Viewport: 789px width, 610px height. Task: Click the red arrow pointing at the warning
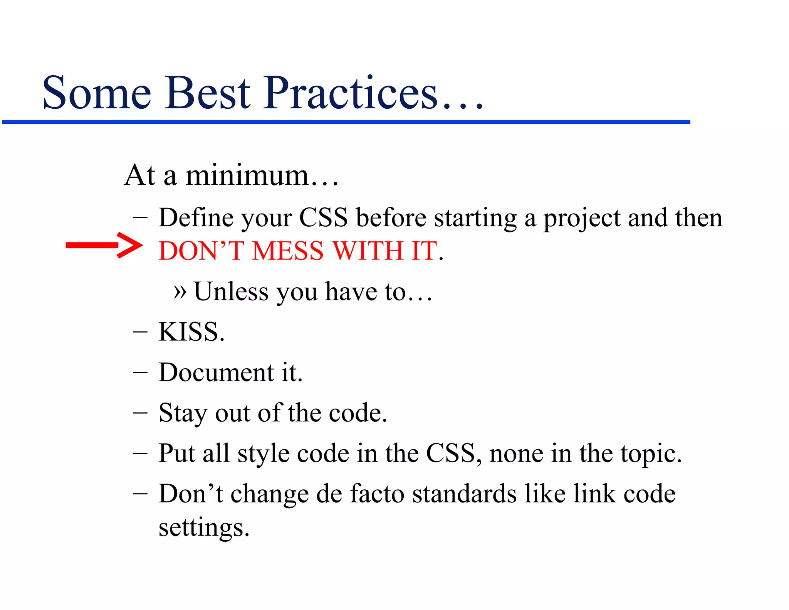click(x=104, y=245)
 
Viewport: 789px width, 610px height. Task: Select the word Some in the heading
click(x=96, y=93)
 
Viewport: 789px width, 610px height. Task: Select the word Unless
click(x=231, y=292)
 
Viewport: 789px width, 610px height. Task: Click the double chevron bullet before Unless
click(x=180, y=292)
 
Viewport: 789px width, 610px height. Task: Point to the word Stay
click(x=183, y=413)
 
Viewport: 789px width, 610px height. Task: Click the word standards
click(x=464, y=494)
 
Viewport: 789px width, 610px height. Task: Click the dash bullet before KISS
click(x=140, y=332)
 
